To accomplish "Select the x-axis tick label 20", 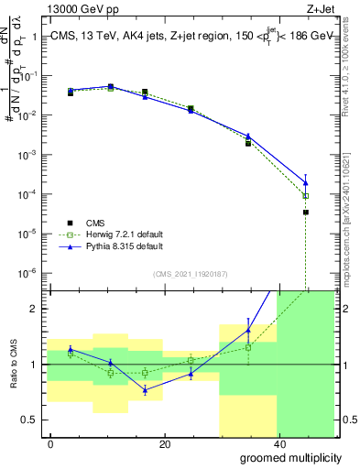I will pos(164,443).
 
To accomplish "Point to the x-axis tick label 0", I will pos(50,443).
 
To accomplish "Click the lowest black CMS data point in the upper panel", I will pos(306,213).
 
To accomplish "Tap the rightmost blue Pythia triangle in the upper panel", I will pos(306,182).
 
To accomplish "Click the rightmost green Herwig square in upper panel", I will pos(306,196).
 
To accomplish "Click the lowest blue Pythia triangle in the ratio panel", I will pos(145,389).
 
